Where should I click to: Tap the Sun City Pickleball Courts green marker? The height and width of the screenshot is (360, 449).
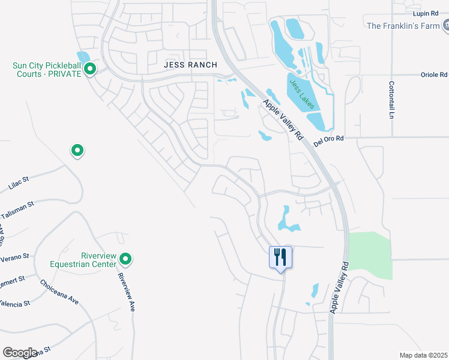90,70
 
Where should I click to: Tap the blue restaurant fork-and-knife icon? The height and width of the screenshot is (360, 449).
280,257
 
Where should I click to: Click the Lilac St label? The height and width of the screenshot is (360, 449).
19,181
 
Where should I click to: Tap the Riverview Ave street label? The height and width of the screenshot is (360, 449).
126,292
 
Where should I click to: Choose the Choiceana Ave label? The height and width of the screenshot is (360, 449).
59,292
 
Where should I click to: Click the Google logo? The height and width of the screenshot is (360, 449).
20,353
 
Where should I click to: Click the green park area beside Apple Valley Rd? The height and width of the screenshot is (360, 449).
370,256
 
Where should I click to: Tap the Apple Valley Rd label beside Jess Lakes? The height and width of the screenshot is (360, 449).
282,120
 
